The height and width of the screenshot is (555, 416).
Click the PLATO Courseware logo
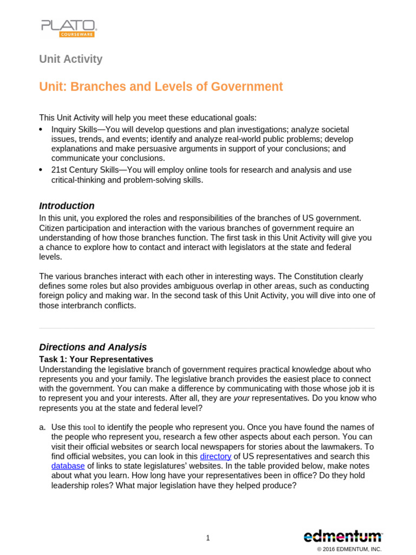click(68, 28)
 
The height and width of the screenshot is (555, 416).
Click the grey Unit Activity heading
click(70, 59)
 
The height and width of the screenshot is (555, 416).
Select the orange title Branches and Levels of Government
click(161, 87)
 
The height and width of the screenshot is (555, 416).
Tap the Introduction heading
click(67, 206)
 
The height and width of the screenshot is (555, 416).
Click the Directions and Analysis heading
click(93, 347)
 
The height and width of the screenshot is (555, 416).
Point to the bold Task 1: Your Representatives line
click(96, 359)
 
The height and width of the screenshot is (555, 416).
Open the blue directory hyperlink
click(216, 456)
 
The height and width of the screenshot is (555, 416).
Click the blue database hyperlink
click(68, 466)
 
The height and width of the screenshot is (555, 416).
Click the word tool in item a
click(89, 428)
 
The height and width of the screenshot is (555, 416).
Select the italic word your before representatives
click(242, 398)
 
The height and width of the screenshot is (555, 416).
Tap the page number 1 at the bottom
click(208, 538)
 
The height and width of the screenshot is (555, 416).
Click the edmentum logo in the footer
click(342, 537)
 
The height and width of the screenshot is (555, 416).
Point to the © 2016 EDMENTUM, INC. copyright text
click(349, 549)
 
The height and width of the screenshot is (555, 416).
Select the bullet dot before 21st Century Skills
click(41, 170)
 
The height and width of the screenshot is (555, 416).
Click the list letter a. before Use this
click(42, 428)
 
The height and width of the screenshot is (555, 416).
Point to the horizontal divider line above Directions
click(207, 328)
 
